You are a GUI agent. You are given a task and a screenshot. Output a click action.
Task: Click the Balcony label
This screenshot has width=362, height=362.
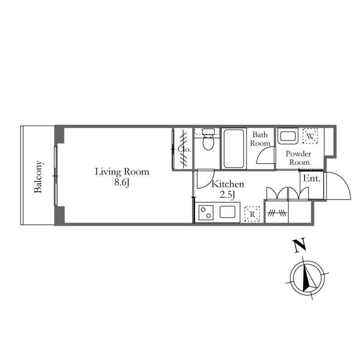pyautogui.click(x=38, y=176)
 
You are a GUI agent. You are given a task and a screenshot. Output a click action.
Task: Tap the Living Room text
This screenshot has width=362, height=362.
pyautogui.click(x=122, y=172)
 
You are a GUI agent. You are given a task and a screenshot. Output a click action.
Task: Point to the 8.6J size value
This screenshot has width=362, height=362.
pyautogui.click(x=122, y=183)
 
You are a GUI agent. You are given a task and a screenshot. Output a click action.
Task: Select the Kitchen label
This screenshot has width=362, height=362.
pyautogui.click(x=228, y=184)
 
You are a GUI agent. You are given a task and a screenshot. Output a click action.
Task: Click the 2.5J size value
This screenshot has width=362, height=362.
pyautogui.click(x=228, y=195)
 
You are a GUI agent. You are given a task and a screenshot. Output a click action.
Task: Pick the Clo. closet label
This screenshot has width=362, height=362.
pyautogui.click(x=185, y=149)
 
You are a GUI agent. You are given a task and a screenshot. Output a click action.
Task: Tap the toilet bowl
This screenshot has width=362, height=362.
pyautogui.click(x=208, y=143)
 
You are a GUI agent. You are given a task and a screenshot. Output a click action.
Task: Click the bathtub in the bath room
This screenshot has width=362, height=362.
pyautogui.click(x=233, y=149)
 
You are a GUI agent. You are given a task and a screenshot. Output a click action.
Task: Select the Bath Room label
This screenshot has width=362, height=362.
pyautogui.click(x=260, y=139)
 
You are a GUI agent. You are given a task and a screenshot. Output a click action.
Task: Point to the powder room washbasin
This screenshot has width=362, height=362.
pyautogui.click(x=287, y=136)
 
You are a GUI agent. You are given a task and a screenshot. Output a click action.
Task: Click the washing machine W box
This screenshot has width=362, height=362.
pyautogui.click(x=310, y=136)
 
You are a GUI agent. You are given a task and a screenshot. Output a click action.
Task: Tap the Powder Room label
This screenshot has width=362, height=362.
pyautogui.click(x=299, y=158)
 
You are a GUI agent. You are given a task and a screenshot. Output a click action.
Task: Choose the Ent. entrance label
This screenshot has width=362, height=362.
pyautogui.click(x=312, y=178)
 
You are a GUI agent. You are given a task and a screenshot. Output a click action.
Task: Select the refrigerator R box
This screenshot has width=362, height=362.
pyautogui.click(x=252, y=214)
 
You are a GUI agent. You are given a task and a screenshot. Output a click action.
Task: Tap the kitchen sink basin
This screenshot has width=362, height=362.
pyautogui.click(x=228, y=212)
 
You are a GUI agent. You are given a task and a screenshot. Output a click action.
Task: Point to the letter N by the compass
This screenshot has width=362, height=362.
pyautogui.click(x=299, y=245)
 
